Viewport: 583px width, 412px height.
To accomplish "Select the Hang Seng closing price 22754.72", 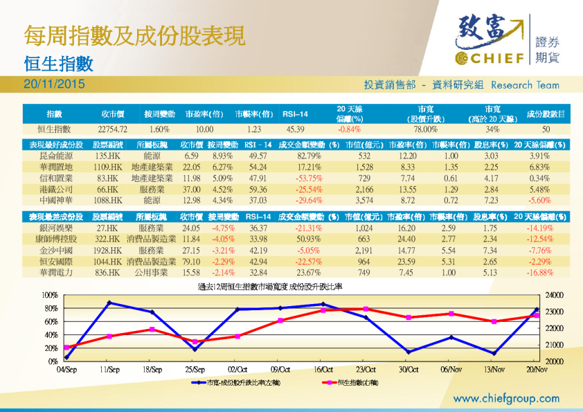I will pos(113,129).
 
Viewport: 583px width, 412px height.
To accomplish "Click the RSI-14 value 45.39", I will pos(295,129).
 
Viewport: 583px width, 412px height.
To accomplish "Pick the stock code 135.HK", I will pos(108,156).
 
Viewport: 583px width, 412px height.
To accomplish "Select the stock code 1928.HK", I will pos(108,250).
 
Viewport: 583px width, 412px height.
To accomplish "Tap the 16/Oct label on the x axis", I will pos(323,369).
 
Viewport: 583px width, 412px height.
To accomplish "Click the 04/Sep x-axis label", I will pos(66,369).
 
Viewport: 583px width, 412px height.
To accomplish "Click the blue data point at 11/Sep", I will pos(109,303).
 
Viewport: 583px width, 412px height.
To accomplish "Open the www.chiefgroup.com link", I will pos(506,398).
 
